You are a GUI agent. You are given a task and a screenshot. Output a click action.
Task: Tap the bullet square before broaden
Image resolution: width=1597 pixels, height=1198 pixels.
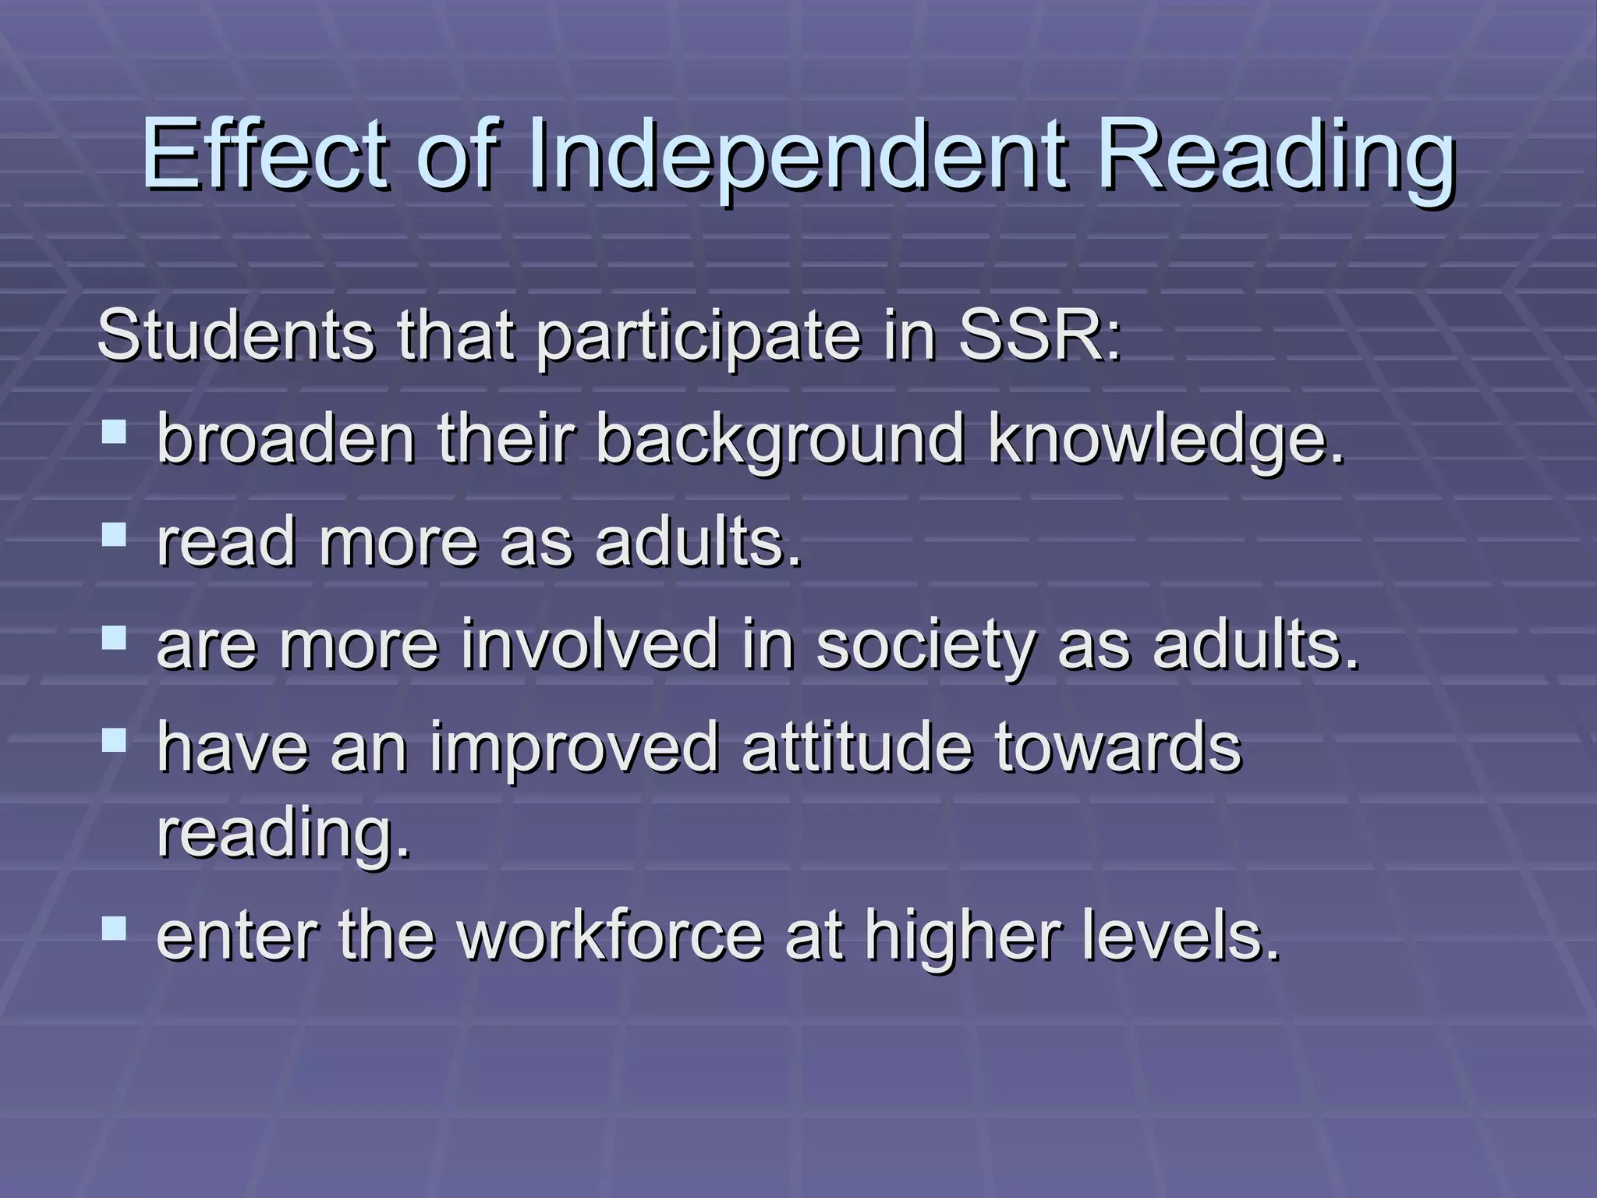114,431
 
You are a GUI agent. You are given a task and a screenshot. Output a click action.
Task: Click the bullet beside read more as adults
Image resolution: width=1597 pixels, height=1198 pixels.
114,534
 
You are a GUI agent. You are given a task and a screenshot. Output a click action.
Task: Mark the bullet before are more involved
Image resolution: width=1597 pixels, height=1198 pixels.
114,636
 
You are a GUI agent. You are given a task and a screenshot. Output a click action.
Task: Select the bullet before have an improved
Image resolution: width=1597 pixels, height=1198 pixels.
114,739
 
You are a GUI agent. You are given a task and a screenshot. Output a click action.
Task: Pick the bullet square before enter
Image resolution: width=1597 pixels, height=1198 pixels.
114,927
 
